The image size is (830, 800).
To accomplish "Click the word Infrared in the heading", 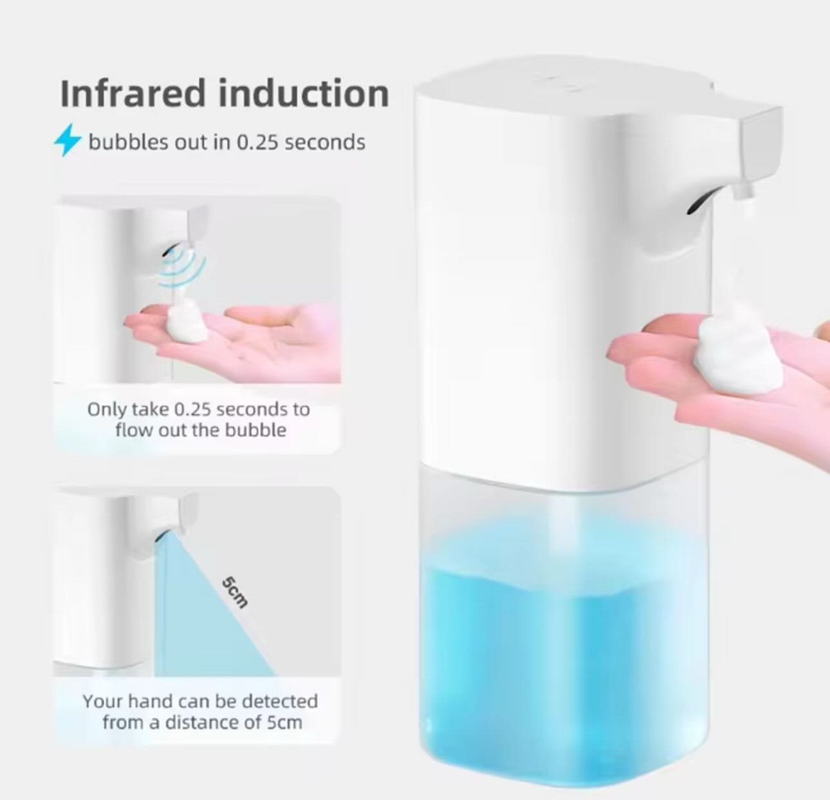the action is pyautogui.click(x=133, y=93).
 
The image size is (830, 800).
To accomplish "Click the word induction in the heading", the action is pyautogui.click(x=304, y=93).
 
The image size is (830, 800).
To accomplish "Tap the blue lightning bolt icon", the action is pyautogui.click(x=68, y=140).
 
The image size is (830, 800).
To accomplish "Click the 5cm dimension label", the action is pyautogui.click(x=235, y=593).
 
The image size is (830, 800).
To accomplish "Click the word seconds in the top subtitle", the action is pyautogui.click(x=324, y=142).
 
